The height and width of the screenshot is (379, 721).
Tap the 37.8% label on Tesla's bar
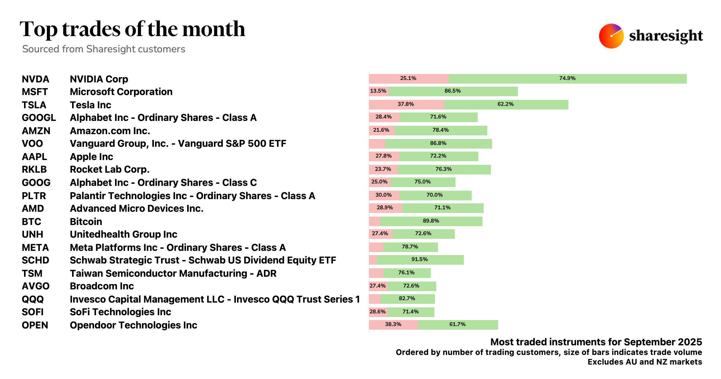click(406, 104)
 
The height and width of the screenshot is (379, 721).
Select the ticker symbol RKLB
click(34, 169)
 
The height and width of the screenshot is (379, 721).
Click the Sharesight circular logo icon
click(611, 36)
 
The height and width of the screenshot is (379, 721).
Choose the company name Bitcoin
click(86, 222)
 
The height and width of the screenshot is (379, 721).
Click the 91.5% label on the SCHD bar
click(419, 259)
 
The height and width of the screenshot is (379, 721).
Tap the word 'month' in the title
click(214, 29)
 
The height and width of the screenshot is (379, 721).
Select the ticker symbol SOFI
click(33, 312)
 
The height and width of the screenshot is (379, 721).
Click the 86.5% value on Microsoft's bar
click(452, 91)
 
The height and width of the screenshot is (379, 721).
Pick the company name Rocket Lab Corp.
click(109, 169)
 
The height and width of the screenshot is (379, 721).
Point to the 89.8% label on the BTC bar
click(431, 221)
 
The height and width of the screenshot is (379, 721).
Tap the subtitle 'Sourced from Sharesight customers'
click(104, 49)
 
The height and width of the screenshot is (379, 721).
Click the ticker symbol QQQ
click(33, 299)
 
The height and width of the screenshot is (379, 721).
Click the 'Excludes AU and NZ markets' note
click(645, 362)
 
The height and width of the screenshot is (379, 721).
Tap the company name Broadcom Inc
click(102, 286)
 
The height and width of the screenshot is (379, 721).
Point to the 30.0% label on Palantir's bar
click(383, 195)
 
